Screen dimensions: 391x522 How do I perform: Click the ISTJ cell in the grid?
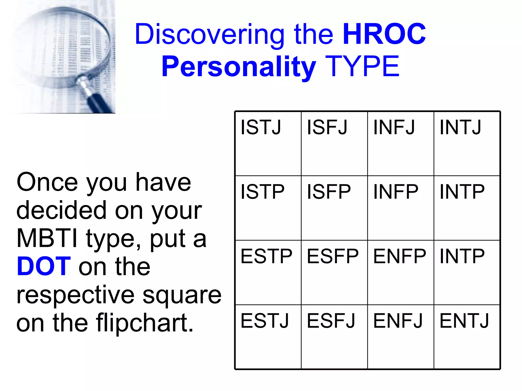click(268, 144)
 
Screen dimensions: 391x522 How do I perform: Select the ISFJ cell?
click(334, 144)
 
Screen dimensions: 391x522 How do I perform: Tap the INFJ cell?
click(400, 144)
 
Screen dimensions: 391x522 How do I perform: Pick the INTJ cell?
click(467, 144)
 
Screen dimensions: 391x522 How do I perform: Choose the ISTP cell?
click(268, 208)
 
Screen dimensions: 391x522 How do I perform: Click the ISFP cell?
click(334, 208)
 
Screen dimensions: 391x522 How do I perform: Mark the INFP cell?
click(400, 208)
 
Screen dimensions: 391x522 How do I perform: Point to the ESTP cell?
click(268, 272)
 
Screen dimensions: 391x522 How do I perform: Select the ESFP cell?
click(334, 272)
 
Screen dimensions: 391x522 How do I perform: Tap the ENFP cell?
click(400, 272)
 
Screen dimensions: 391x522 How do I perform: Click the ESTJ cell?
click(268, 337)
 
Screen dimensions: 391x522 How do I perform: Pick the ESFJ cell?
click(334, 337)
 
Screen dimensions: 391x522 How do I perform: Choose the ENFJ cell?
click(400, 337)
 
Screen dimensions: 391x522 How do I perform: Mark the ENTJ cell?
click(467, 337)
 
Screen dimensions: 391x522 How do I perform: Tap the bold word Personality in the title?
click(239, 67)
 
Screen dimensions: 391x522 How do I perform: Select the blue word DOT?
click(44, 267)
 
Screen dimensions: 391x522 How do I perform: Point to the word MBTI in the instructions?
click(47, 238)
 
